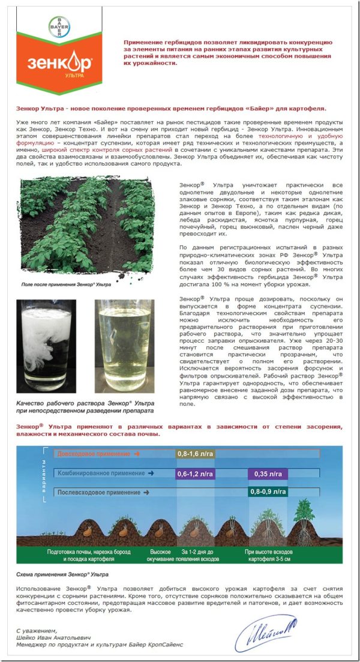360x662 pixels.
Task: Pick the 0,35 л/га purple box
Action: tap(268, 474)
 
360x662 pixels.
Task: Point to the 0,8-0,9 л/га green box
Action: tap(268, 492)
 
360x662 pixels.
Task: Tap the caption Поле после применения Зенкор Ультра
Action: tap(65, 284)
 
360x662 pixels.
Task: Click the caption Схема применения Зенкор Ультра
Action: tap(53, 575)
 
